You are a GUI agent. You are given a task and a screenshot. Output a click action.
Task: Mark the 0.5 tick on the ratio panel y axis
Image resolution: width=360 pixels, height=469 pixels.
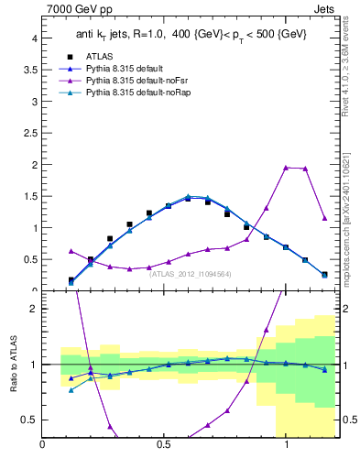click(29, 420)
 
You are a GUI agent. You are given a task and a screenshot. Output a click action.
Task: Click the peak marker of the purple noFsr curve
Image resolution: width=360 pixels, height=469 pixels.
click(286, 168)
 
